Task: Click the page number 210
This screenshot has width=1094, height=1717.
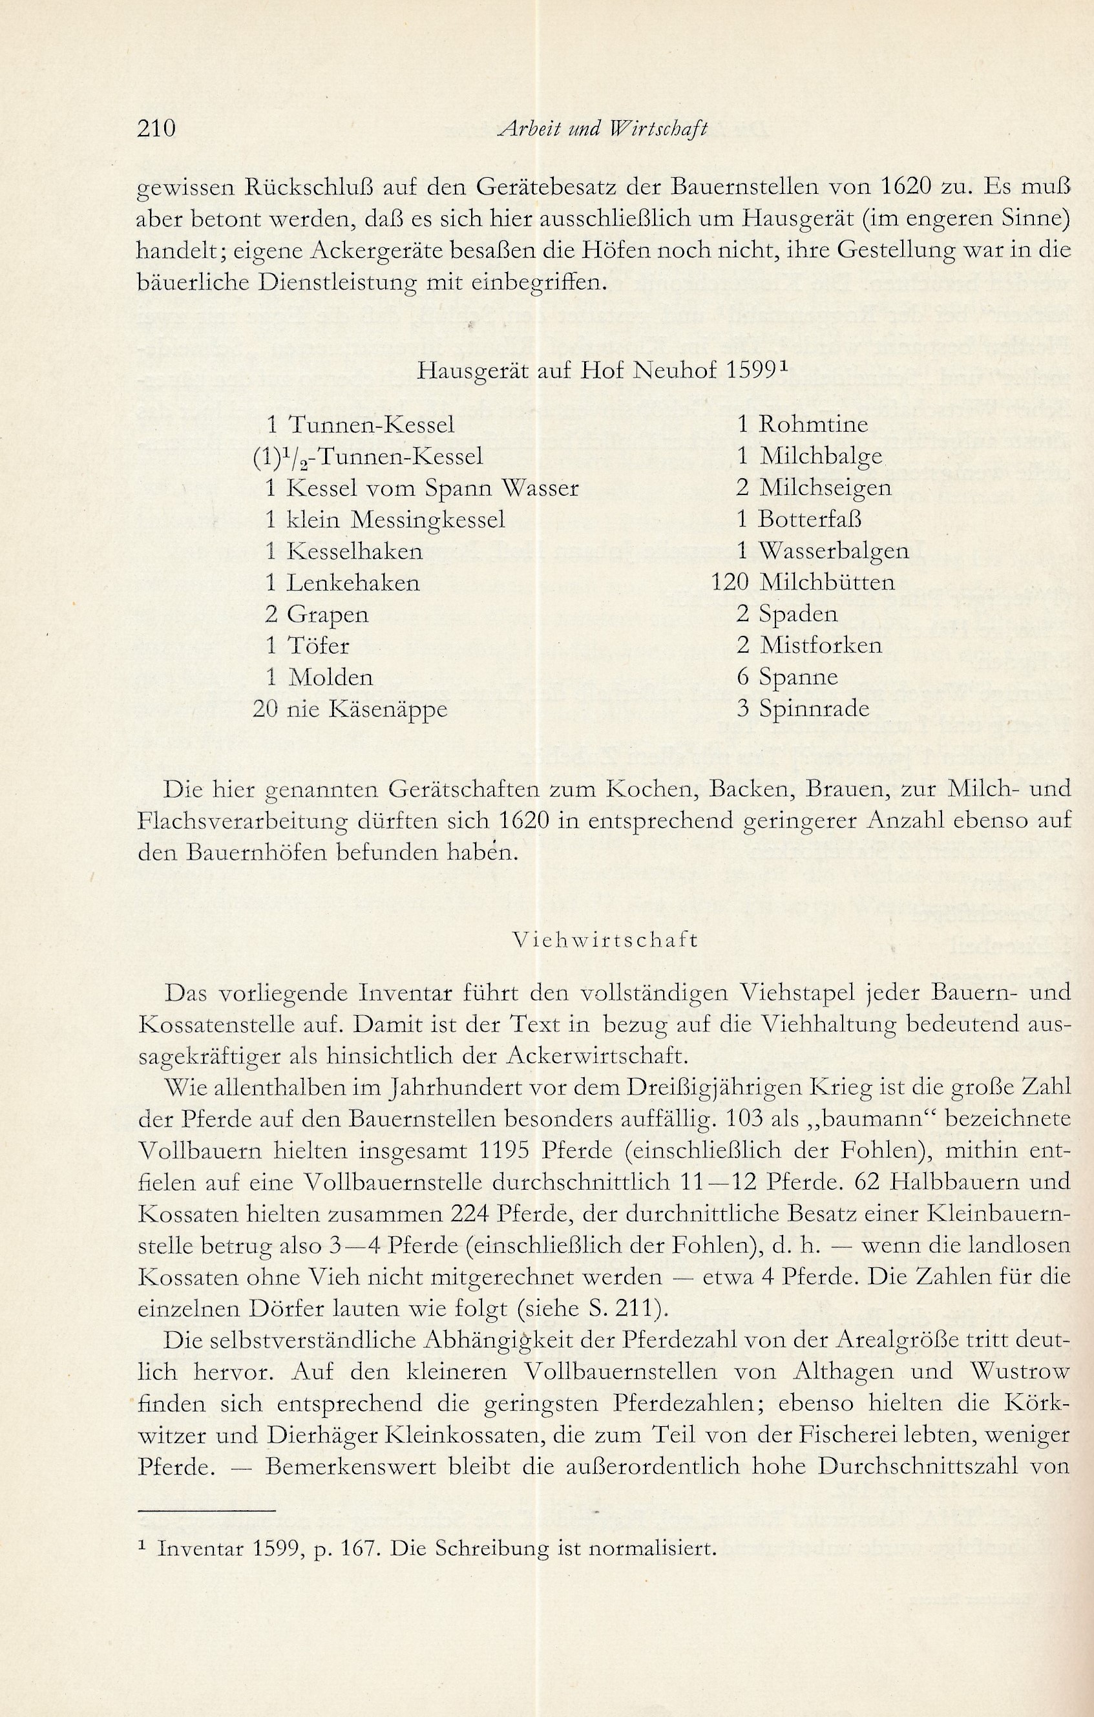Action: pos(156,129)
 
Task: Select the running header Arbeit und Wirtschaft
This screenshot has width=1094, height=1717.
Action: pos(603,129)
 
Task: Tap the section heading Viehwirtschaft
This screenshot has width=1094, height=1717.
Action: pos(605,940)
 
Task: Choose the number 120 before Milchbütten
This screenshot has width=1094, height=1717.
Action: pos(730,582)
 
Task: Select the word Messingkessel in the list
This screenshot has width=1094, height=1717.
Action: pos(427,519)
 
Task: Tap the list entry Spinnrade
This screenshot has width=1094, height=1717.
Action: pos(814,709)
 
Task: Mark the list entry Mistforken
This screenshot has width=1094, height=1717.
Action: pos(820,646)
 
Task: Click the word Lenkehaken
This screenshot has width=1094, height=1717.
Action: pos(353,582)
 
